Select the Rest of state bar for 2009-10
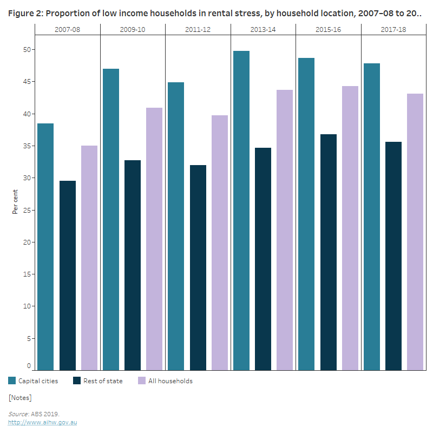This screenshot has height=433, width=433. click(x=133, y=265)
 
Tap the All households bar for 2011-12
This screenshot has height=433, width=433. click(x=220, y=243)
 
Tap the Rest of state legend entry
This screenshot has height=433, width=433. click(x=97, y=381)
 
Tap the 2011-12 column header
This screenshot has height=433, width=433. click(x=198, y=29)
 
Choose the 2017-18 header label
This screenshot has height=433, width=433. click(x=393, y=29)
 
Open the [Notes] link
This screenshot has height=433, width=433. click(x=20, y=398)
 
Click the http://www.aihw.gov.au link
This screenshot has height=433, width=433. click(x=42, y=422)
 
